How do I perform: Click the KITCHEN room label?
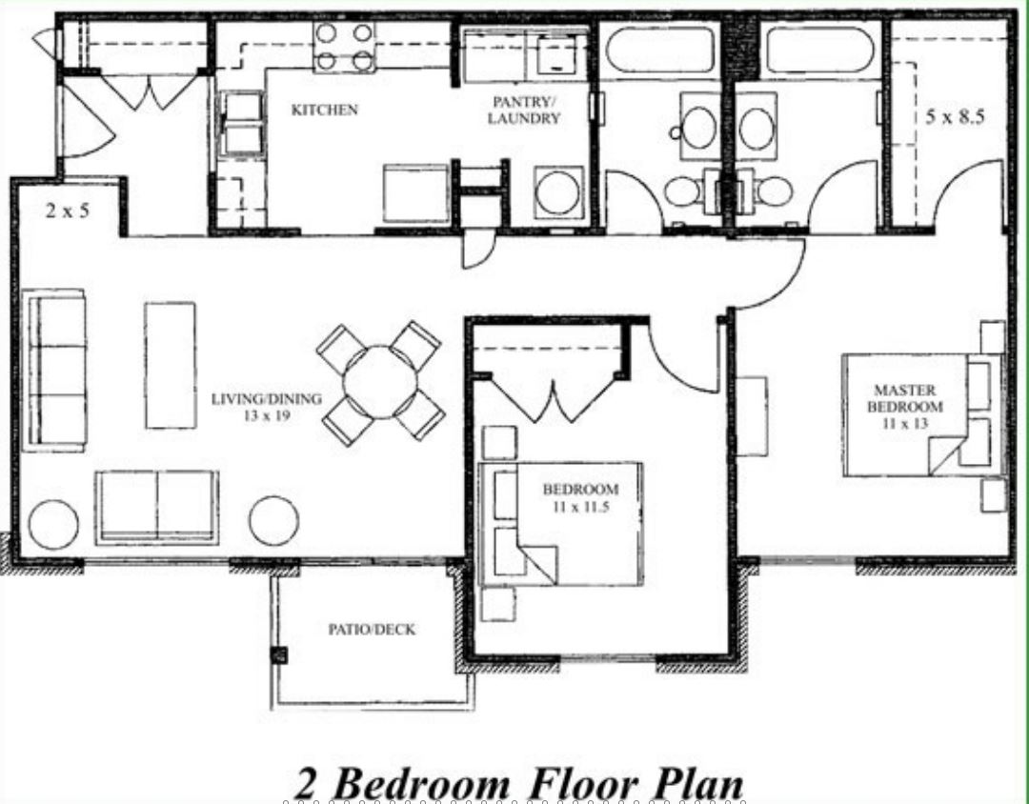pos(324,110)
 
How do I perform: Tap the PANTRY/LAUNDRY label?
pos(524,111)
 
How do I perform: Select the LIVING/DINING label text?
pos(267,398)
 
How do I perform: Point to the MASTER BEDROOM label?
pos(905,398)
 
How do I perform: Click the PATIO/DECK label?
pos(373,630)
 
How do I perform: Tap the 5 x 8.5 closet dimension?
pos(955,117)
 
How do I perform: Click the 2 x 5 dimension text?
pos(68,211)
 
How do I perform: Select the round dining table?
pos(380,382)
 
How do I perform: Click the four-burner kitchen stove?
pos(344,47)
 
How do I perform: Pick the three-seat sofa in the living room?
pos(54,371)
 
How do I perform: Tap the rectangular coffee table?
pos(170,365)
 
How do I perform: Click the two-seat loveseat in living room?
pos(157,508)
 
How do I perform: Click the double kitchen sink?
pos(241,124)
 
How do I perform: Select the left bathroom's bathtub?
pos(659,50)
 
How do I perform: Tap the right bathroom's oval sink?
pos(756,128)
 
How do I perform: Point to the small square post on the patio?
pos(279,655)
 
